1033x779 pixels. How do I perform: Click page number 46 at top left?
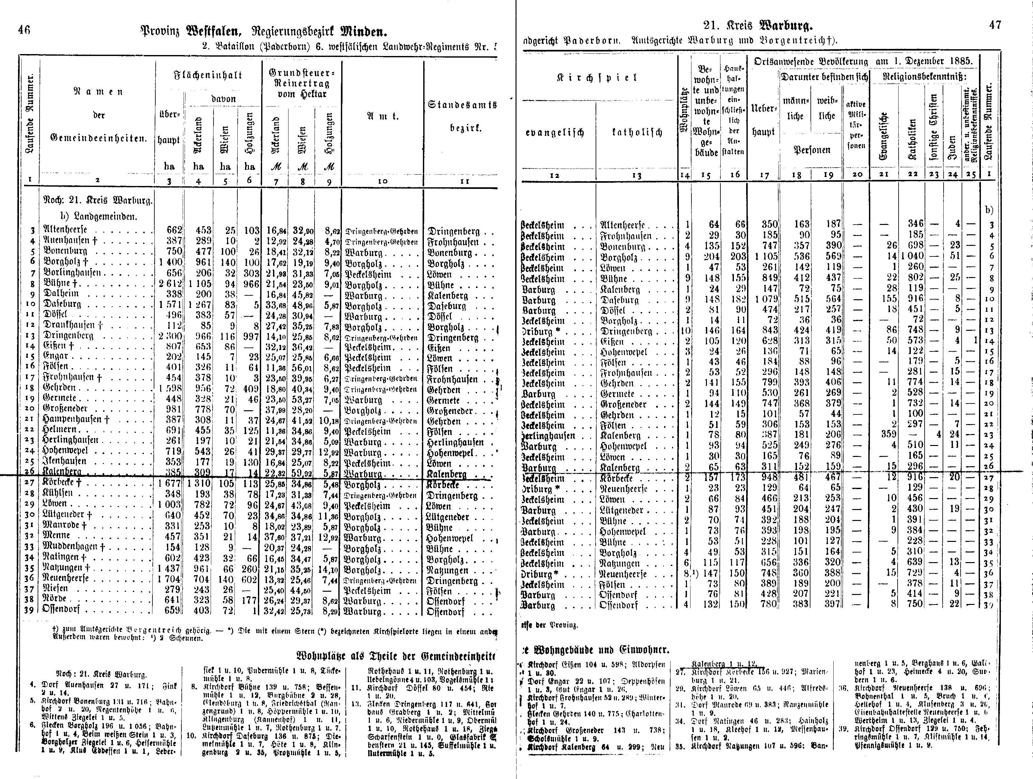24,30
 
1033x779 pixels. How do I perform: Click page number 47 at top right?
995,25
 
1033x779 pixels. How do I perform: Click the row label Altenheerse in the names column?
65,230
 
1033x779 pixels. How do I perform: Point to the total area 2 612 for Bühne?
170,284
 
